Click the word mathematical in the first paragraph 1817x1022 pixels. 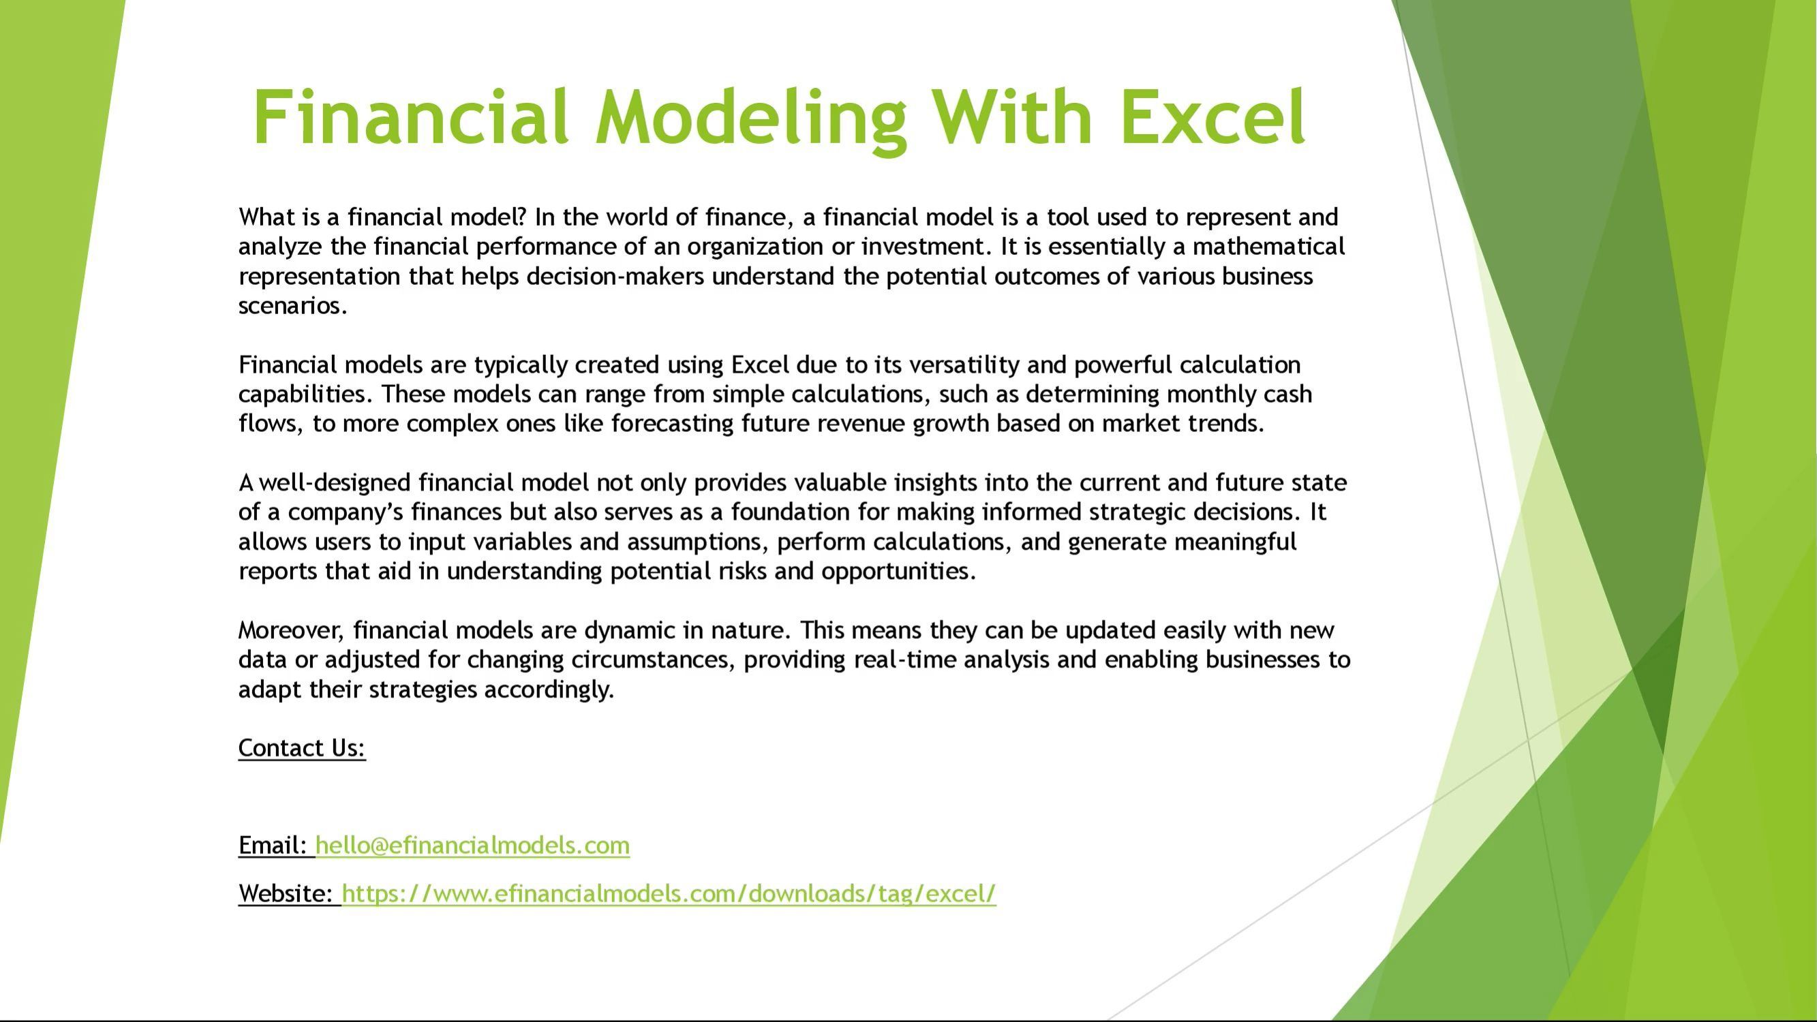pos(1269,246)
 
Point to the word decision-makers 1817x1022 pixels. pos(615,276)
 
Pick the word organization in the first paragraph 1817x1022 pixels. pos(755,247)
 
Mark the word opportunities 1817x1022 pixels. pos(899,572)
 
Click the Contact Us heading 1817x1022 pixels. pos(302,748)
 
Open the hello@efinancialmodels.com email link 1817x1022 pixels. pos(472,846)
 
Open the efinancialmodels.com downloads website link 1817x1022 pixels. pos(669,895)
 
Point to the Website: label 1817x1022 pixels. pos(286,895)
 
